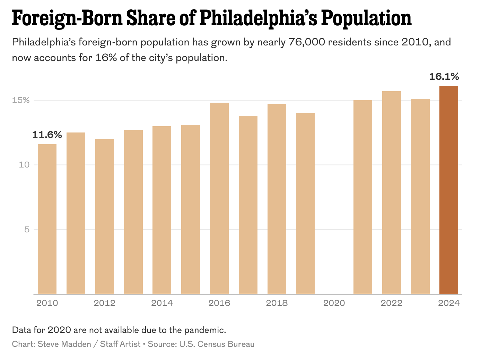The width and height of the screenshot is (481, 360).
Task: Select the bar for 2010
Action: pos(47,219)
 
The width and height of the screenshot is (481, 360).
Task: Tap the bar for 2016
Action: pos(219,198)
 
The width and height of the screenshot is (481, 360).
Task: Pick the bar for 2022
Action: pos(392,192)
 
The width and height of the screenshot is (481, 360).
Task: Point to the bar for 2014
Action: pos(162,210)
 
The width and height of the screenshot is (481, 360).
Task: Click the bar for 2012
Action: pos(105,216)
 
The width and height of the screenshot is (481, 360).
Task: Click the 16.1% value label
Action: pos(444,77)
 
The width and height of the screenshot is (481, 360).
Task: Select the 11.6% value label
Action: pos(47,135)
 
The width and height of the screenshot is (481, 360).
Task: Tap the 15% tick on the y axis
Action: pos(21,100)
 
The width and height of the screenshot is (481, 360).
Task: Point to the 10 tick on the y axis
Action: pos(24,165)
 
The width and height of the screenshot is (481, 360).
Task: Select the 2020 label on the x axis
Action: pos(334,303)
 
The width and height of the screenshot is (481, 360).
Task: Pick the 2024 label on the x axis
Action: pos(449,303)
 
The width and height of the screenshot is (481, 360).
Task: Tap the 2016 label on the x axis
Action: pos(219,303)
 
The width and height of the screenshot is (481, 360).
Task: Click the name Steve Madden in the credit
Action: pos(64,344)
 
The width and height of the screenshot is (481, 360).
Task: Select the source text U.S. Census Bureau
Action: pos(217,344)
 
